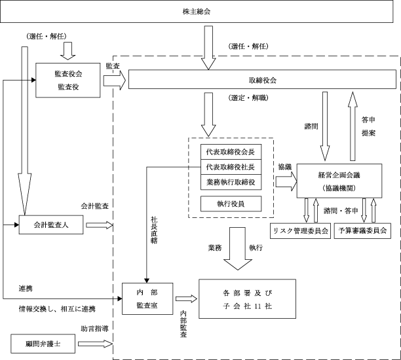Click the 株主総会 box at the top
click(197, 12)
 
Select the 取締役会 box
click(262, 79)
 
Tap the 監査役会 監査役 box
click(67, 81)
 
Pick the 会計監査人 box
click(51, 225)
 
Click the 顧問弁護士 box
click(43, 344)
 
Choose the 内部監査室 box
click(147, 298)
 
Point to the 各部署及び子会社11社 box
click(247, 299)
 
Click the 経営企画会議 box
click(339, 181)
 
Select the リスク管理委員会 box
click(300, 230)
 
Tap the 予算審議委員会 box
click(362, 230)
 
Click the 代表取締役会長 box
click(231, 152)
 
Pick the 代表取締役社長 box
click(231, 167)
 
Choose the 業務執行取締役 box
click(231, 182)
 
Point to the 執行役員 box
click(231, 204)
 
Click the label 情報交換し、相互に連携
click(57, 309)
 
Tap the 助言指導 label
click(94, 329)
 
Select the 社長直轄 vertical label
click(154, 230)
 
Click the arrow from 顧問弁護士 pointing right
click(96, 344)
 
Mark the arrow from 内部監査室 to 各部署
click(186, 298)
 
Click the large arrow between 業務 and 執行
click(238, 249)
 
